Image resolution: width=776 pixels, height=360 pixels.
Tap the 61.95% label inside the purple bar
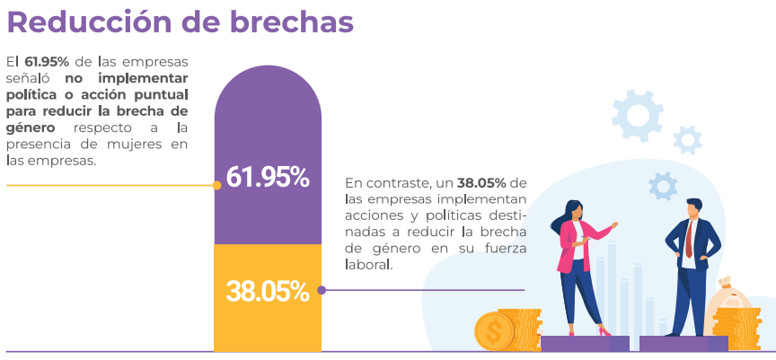click(x=268, y=178)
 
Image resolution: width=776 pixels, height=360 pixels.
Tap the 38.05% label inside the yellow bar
click(x=268, y=291)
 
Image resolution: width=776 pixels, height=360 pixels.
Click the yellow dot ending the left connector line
click(x=217, y=186)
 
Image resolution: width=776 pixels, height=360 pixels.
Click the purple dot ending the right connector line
click(x=322, y=290)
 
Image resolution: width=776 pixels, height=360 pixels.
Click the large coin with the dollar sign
click(x=493, y=331)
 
